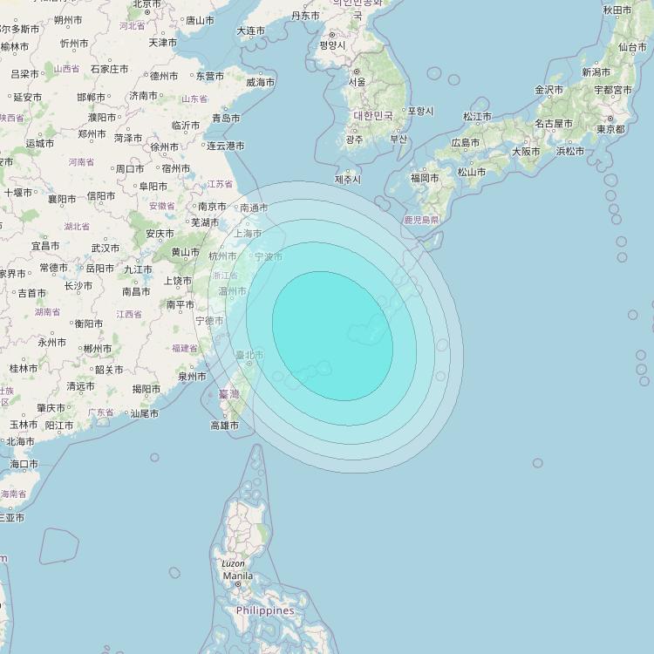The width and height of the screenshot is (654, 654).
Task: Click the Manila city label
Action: [x=237, y=576]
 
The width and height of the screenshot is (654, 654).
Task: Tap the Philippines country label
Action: [x=265, y=610]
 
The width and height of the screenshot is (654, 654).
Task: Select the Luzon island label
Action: [x=233, y=564]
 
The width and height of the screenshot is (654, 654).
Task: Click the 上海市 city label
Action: [x=248, y=234]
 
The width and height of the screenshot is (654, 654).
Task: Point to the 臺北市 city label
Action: [x=250, y=355]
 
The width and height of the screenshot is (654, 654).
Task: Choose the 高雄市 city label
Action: [x=224, y=426]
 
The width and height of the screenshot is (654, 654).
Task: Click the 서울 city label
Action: [x=357, y=82]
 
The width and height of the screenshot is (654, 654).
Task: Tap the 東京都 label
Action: [x=610, y=129]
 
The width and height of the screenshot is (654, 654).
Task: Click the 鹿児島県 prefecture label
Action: [x=421, y=221]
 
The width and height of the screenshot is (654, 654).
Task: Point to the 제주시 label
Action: [x=347, y=180]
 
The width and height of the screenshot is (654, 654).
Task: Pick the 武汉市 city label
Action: [x=106, y=248]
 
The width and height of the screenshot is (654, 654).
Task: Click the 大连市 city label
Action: [x=250, y=31]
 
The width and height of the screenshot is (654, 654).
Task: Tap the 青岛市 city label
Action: [x=226, y=118]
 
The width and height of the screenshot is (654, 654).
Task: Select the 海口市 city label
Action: [x=24, y=464]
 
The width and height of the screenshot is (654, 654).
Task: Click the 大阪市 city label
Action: [x=526, y=151]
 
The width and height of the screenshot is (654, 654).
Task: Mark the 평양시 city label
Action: [x=333, y=44]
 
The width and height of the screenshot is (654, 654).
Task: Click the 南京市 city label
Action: [x=213, y=207]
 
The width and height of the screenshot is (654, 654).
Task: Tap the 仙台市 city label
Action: [x=632, y=47]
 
